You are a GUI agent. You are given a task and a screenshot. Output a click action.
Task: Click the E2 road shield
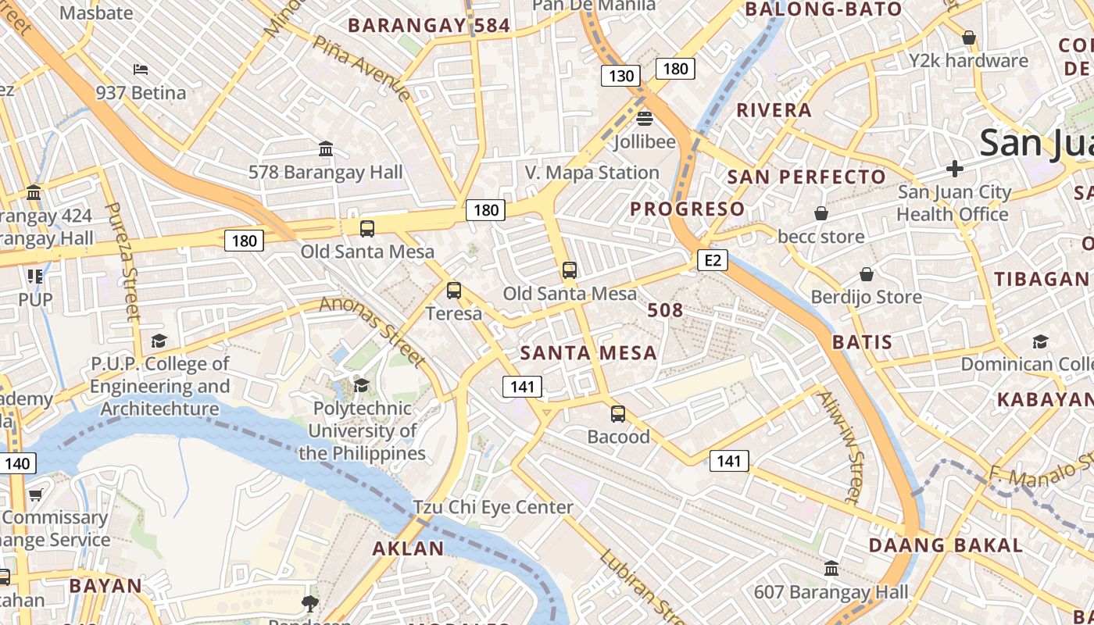(x=713, y=260)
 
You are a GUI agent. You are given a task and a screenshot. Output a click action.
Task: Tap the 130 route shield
(x=621, y=76)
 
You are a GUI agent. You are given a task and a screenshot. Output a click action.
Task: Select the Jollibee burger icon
(x=645, y=119)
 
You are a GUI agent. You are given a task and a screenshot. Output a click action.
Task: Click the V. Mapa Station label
(x=592, y=173)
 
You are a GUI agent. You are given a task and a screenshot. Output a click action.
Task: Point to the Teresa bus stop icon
(x=454, y=291)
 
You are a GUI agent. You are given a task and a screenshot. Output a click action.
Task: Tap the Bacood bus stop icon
(x=618, y=414)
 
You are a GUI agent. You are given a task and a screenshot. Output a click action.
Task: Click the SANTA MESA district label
(x=588, y=353)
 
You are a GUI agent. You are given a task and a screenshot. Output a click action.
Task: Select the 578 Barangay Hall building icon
(x=326, y=148)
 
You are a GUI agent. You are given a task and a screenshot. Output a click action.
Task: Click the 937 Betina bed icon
(x=141, y=70)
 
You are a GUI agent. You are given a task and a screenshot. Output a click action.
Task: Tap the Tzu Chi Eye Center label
(x=493, y=507)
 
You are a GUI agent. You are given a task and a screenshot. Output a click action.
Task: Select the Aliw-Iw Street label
(x=838, y=446)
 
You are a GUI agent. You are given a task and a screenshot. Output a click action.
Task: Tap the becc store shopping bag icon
(x=821, y=213)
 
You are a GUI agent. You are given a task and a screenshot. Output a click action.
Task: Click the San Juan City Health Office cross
(x=954, y=168)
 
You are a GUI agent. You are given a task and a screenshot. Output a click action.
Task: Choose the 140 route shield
(x=17, y=464)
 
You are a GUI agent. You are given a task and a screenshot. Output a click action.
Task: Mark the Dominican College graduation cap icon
(x=1040, y=341)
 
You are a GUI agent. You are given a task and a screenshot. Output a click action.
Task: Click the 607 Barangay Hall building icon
(x=831, y=568)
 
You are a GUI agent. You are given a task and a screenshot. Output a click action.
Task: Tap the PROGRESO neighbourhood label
(x=688, y=209)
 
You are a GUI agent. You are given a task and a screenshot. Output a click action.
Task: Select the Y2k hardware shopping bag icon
(x=969, y=37)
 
